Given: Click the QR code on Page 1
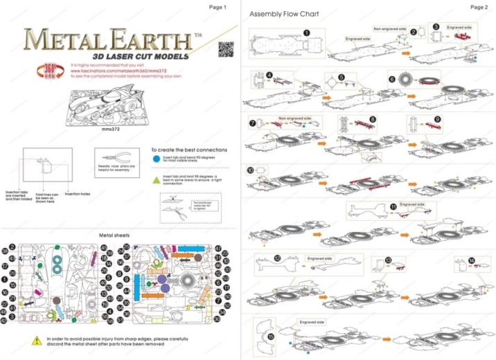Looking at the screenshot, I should click(x=225, y=50).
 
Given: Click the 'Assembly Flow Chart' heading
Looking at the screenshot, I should click(x=284, y=14).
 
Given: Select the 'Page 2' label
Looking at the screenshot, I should click(x=479, y=7).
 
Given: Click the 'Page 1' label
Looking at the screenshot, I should click(x=218, y=7).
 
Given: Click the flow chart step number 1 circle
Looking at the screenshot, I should click(x=306, y=32).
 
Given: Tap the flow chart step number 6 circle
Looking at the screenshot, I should click(x=392, y=80).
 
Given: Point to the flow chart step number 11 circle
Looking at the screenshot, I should click(x=393, y=206).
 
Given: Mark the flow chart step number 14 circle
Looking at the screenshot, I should click(x=472, y=261).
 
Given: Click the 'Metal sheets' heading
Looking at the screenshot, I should click(x=115, y=235).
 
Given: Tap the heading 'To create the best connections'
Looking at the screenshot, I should click(x=188, y=150).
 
